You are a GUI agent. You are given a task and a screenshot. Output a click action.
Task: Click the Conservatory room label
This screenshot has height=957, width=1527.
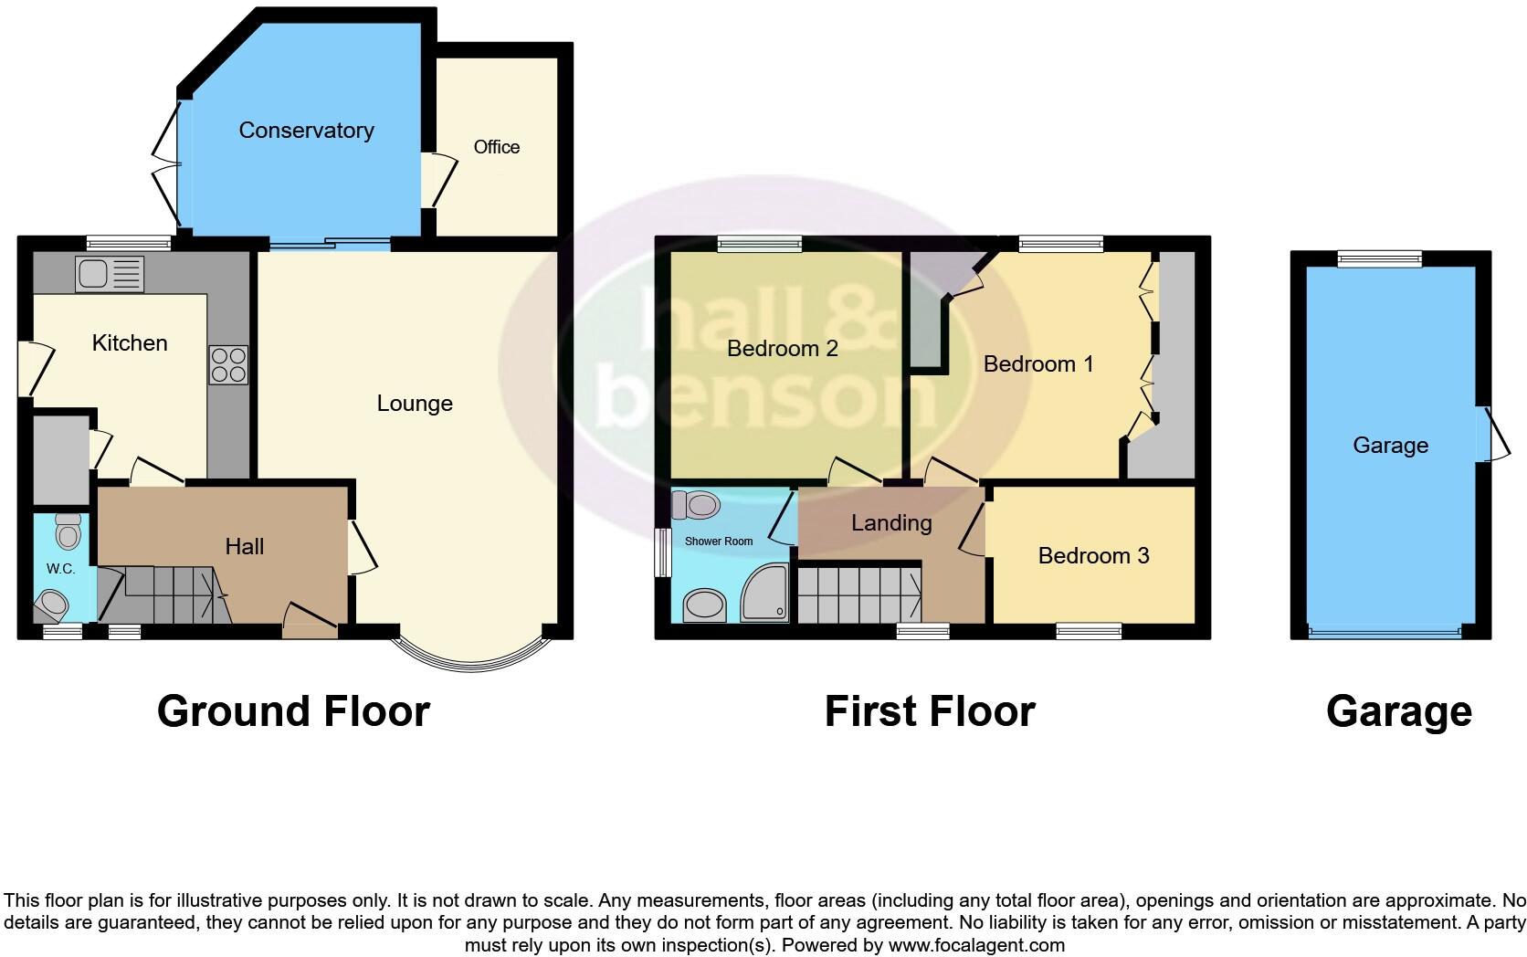[x=306, y=131]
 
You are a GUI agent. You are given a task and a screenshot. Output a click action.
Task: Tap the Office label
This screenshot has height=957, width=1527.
[x=496, y=147]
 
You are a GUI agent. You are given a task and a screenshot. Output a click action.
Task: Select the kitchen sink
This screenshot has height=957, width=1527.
[x=111, y=273]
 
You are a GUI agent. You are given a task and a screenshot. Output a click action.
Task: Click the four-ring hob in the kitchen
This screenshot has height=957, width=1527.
[x=228, y=364]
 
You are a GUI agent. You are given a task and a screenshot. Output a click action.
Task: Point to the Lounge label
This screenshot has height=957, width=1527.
[x=415, y=404]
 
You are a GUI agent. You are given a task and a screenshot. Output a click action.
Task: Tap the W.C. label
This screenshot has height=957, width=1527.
[x=60, y=569]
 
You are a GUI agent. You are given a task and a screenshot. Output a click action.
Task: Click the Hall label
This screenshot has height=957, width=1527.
[x=245, y=546]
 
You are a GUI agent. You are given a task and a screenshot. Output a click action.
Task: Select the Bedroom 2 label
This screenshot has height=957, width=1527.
[x=783, y=348]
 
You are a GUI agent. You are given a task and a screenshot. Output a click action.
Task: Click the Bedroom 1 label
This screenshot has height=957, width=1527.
[x=1038, y=363]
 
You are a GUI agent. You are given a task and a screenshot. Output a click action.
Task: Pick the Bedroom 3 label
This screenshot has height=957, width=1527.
[x=1093, y=555]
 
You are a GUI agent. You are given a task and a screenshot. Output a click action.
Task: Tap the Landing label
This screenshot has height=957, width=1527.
[x=891, y=522]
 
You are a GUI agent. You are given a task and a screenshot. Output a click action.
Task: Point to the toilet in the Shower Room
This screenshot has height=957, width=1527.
[x=700, y=503]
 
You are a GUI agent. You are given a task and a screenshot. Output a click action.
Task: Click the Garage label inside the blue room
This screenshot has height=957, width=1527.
[x=1390, y=445]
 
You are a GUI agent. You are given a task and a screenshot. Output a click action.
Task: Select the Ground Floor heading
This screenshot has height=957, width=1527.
[x=293, y=711]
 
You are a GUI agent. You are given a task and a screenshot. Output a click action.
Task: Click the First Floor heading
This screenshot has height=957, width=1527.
[x=930, y=711]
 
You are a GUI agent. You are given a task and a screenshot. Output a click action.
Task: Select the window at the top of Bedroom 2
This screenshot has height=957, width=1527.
[x=760, y=244]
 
